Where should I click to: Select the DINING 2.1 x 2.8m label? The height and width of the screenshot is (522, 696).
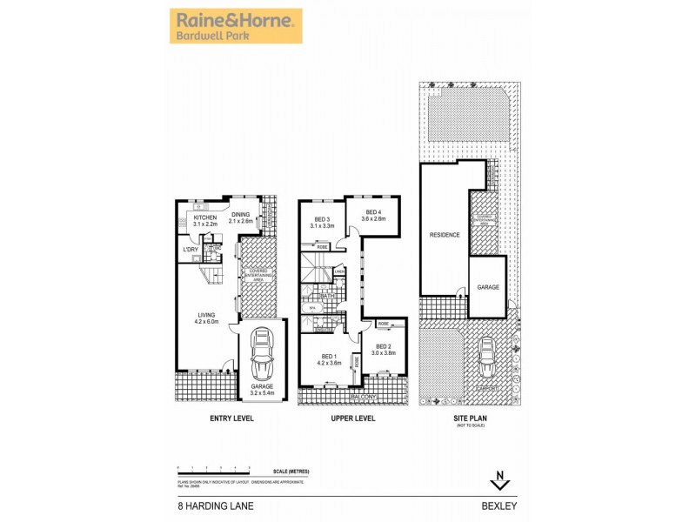pyautogui.click(x=239, y=217)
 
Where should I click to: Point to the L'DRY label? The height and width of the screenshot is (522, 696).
pyautogui.click(x=191, y=251)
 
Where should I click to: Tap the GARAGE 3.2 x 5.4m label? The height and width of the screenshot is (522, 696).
pyautogui.click(x=262, y=390)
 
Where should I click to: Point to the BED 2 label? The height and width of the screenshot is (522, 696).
pyautogui.click(x=383, y=349)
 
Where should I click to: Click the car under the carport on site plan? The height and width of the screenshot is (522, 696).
pyautogui.click(x=487, y=353)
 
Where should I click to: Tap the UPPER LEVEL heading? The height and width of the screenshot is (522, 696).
pyautogui.click(x=353, y=418)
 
